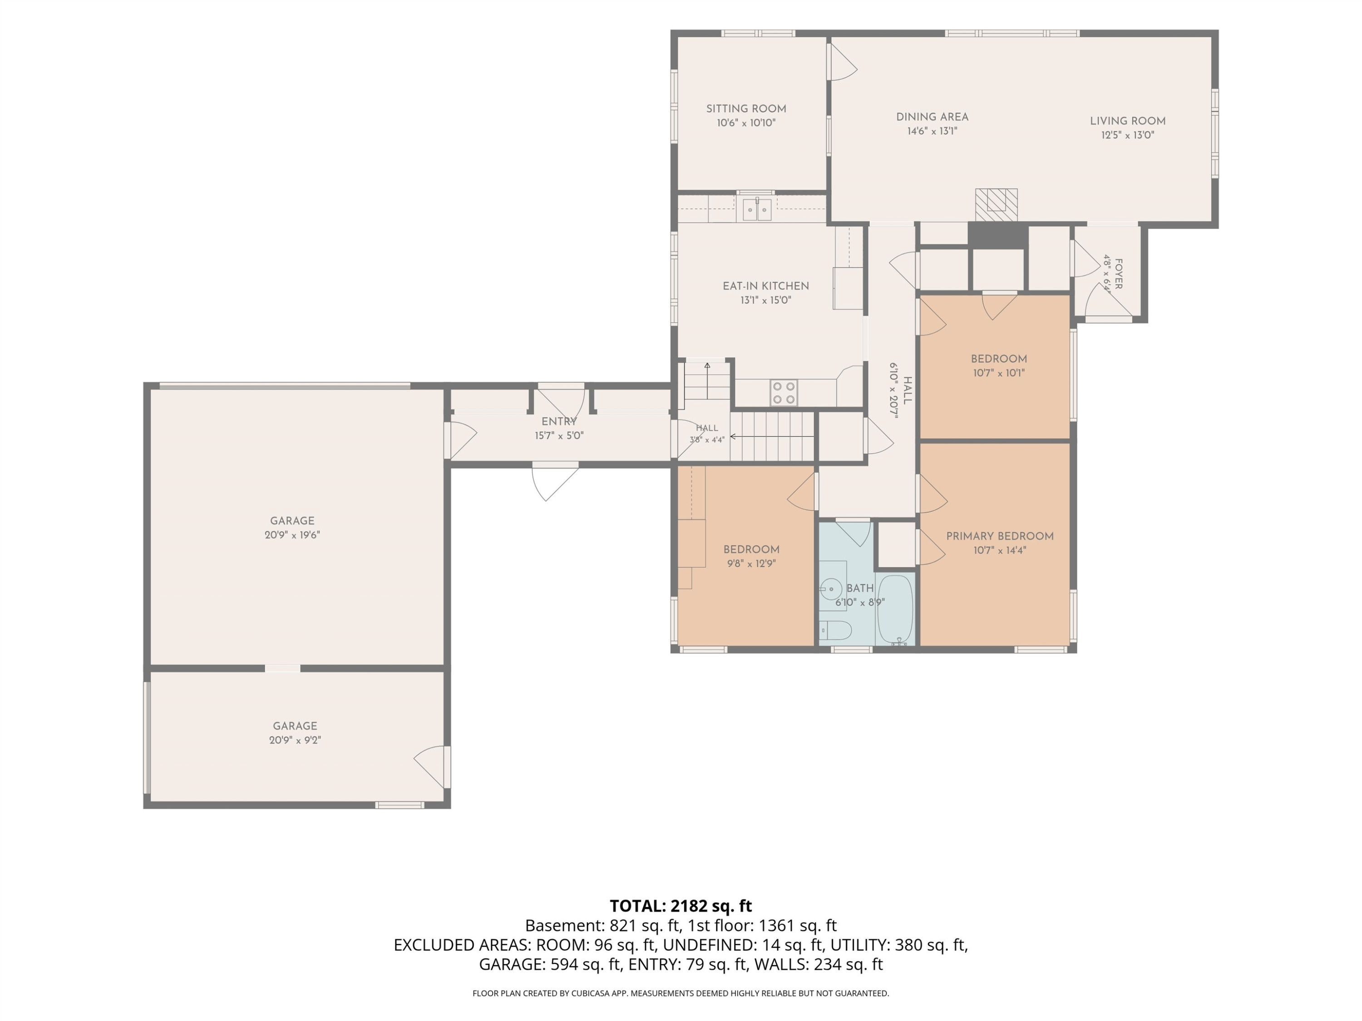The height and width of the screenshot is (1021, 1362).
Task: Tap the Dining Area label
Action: [x=932, y=117]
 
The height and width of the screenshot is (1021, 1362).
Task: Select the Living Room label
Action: [x=1127, y=121]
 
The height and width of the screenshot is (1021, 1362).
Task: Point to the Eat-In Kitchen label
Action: [x=765, y=286]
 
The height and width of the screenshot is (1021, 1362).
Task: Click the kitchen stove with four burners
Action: [x=784, y=393]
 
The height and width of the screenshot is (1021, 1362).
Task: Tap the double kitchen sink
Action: [x=757, y=210]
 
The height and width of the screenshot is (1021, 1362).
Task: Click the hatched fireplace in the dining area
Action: [x=996, y=204]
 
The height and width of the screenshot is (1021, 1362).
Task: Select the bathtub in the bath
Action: [x=895, y=610]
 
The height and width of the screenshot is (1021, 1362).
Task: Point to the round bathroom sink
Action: [x=831, y=589]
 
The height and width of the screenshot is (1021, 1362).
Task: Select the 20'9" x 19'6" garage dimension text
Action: [x=292, y=535]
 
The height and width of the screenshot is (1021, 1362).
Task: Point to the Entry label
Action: [x=559, y=422]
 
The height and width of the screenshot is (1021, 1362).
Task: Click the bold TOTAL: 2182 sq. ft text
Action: [x=681, y=906]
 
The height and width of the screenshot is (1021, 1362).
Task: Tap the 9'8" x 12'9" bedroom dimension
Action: [x=751, y=564]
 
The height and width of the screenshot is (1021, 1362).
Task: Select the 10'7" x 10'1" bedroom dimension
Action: [x=999, y=373]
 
